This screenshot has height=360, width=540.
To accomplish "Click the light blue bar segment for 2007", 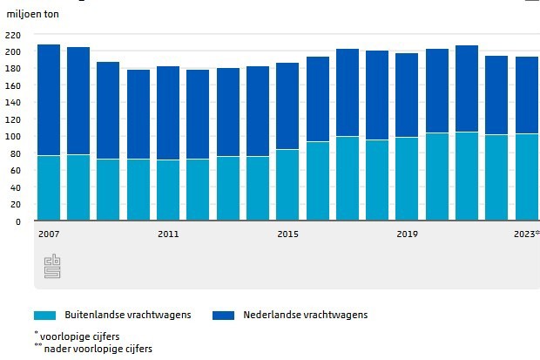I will pos(49,187).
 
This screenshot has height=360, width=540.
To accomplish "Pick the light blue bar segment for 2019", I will pos(407,179).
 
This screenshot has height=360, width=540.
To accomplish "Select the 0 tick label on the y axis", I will pos(16,221).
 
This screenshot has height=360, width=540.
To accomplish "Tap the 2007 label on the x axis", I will pos(49,234).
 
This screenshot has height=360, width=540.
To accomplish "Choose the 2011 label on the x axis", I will pos(168,234).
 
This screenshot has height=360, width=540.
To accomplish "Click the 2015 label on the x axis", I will pos(287,234).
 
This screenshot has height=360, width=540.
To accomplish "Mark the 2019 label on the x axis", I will pos(407,234).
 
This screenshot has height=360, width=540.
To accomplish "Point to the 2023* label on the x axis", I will pos(526,234).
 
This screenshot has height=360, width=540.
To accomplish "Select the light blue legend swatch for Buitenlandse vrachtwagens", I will pos(44,315).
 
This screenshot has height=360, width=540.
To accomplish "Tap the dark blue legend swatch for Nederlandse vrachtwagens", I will pos(223,315).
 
